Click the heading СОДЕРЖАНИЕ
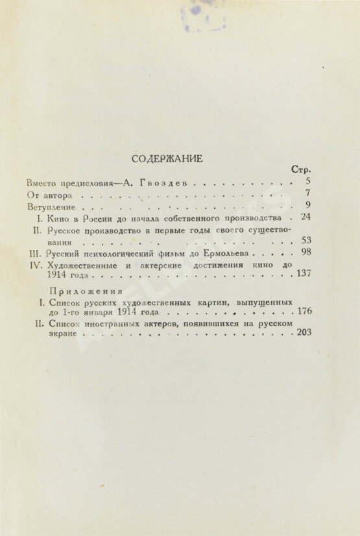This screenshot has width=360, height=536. pos(167,158)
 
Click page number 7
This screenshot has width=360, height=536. pos(307,193)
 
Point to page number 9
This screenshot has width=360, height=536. pos(307,206)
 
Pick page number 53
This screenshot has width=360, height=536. pos(306,241)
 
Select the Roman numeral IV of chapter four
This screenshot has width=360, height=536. pos(36,265)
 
